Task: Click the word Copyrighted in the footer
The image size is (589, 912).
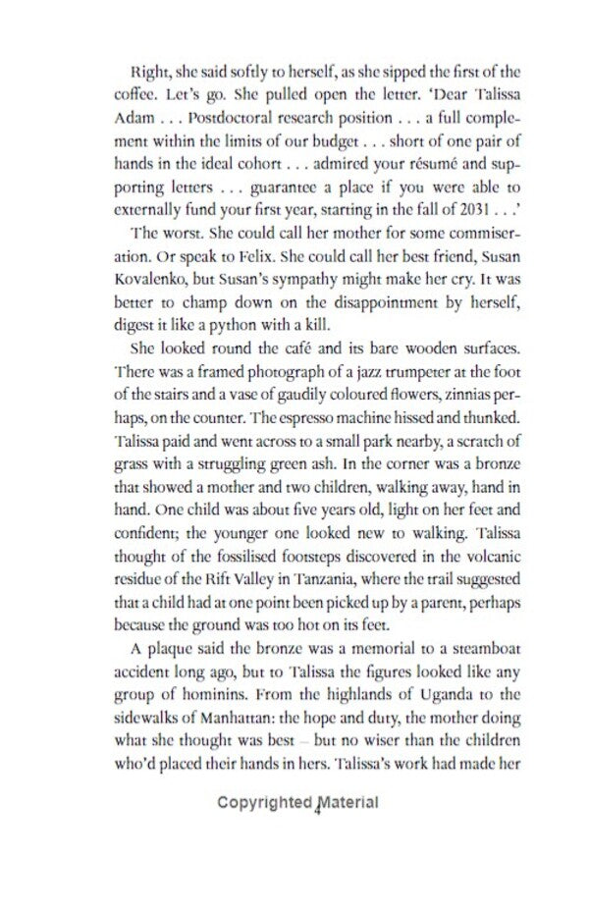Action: tap(267, 804)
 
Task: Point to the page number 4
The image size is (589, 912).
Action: tap(320, 810)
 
